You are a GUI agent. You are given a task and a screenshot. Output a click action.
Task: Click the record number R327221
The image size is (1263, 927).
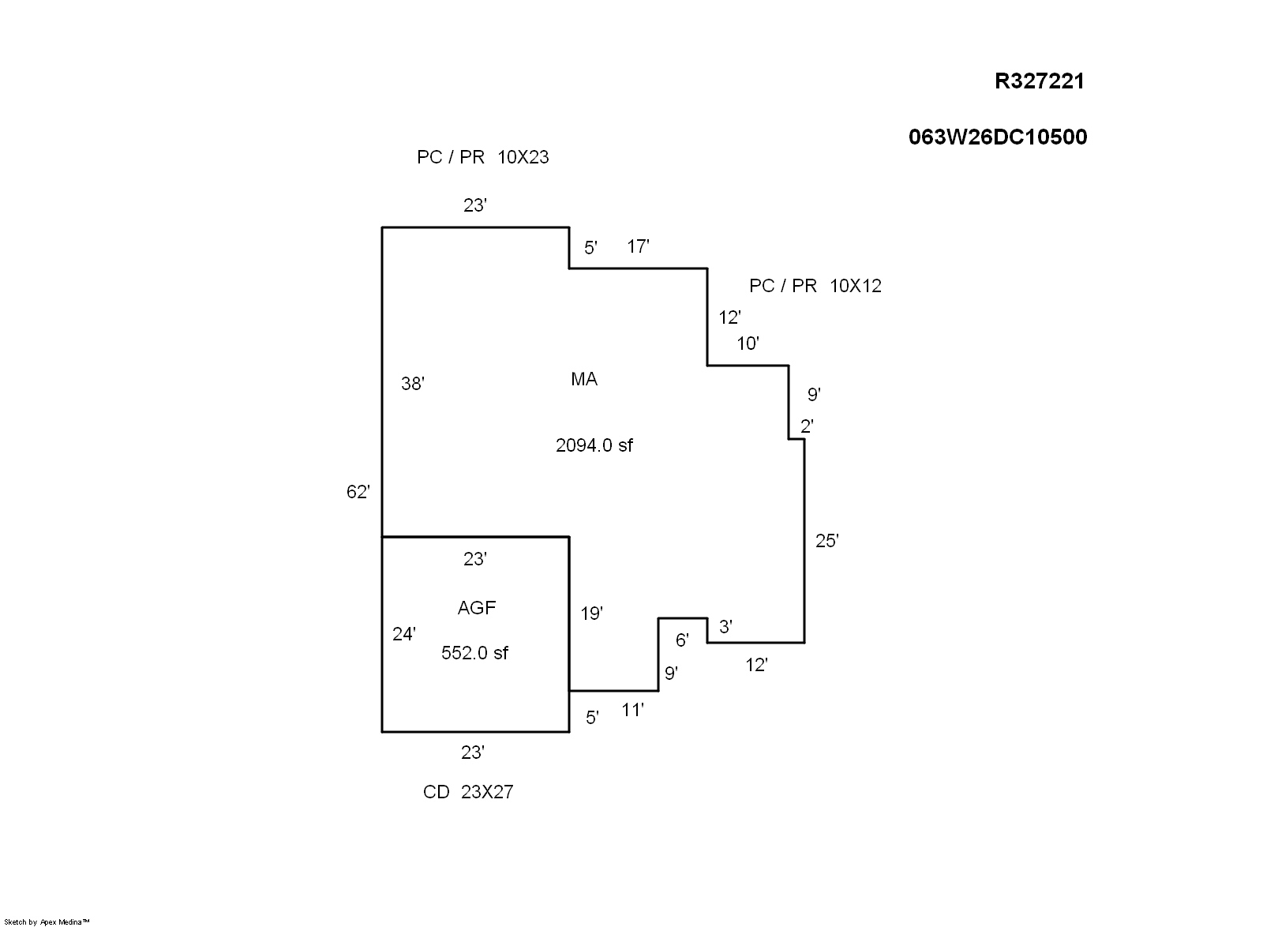(1039, 81)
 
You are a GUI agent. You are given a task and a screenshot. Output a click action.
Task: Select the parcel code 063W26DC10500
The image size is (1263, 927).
(997, 137)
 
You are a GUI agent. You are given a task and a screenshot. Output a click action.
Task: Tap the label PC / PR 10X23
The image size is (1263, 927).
(482, 157)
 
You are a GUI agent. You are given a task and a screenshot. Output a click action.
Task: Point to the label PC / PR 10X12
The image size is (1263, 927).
(815, 286)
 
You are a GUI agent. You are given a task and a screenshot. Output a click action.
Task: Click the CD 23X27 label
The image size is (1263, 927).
(468, 792)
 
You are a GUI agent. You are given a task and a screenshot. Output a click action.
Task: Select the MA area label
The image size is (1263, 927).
(584, 380)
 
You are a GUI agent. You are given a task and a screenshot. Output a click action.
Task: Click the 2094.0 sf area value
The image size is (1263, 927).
(594, 445)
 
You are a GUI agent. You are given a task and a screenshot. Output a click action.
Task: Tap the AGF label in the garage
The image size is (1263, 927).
(477, 608)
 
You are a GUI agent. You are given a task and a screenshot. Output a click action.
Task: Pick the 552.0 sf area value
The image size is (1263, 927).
(474, 653)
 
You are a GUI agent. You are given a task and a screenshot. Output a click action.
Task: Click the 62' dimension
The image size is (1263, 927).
(358, 492)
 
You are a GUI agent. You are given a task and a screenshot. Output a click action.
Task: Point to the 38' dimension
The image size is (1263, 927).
(413, 384)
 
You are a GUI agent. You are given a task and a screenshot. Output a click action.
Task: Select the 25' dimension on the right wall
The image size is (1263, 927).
(826, 541)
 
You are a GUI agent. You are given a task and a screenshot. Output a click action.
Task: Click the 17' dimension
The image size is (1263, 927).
(638, 246)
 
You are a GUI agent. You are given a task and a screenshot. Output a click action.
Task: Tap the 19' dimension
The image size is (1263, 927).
(591, 613)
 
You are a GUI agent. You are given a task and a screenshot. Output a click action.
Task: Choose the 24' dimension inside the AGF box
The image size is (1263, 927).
(404, 634)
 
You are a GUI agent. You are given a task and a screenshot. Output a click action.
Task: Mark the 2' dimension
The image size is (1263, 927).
(807, 426)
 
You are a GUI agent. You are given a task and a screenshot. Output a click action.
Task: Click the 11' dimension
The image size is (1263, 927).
(632, 711)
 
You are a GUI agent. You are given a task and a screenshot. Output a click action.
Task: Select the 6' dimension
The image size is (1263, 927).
(682, 640)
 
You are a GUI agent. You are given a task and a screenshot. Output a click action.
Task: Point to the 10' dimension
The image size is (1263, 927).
(748, 343)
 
